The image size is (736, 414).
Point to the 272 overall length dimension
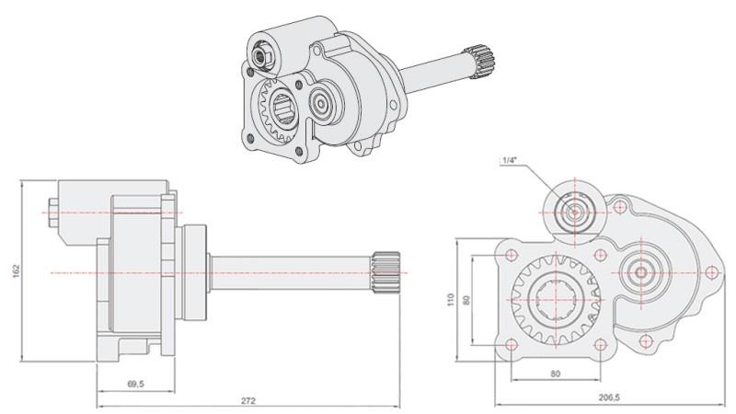click(x=248, y=400)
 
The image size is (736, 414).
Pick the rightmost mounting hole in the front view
click(x=710, y=272)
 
